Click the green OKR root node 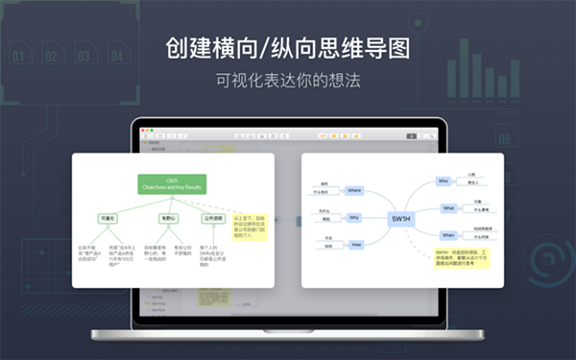pyautogui.click(x=173, y=183)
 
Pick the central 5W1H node pyautogui.click(x=402, y=218)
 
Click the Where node pyautogui.click(x=354, y=190)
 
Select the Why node pyautogui.click(x=354, y=218)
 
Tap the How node pyautogui.click(x=354, y=245)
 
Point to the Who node pyautogui.click(x=444, y=180)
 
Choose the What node pyautogui.click(x=447, y=207)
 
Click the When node pyautogui.click(x=447, y=234)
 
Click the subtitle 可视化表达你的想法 pyautogui.click(x=288, y=81)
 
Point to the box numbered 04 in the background pyautogui.click(x=117, y=57)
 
